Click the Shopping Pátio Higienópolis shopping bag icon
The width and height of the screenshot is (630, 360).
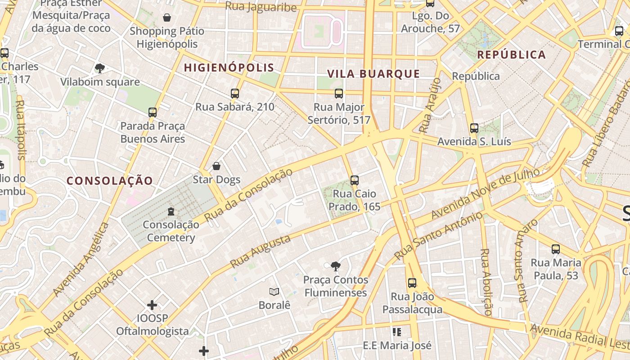pyautogui.click(x=167, y=18)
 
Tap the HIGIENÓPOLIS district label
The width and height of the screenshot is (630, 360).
pyautogui.click(x=229, y=68)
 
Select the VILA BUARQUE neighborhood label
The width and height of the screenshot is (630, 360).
pyautogui.click(x=373, y=74)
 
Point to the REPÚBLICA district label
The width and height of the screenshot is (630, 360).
pyautogui.click(x=511, y=55)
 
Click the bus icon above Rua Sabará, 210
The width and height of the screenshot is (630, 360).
pyautogui.click(x=234, y=94)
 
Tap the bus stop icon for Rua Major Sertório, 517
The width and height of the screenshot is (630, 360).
pyautogui.click(x=339, y=94)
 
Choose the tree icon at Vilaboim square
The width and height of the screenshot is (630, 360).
pyautogui.click(x=100, y=68)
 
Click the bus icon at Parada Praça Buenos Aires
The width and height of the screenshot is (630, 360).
pyautogui.click(x=153, y=112)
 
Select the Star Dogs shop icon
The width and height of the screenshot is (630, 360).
pyautogui.click(x=216, y=166)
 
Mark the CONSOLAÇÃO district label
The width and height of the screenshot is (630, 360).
pyautogui.click(x=110, y=181)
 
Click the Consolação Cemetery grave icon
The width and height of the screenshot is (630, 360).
pyautogui.click(x=171, y=211)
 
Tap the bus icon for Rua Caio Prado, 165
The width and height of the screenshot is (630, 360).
pyautogui.click(x=355, y=180)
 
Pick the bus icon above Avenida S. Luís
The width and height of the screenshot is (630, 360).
pyautogui.click(x=474, y=128)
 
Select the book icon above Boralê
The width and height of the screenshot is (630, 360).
pyautogui.click(x=274, y=292)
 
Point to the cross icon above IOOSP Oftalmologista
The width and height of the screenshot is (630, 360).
pyautogui.click(x=152, y=305)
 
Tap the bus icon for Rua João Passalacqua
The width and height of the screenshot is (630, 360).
pyautogui.click(x=412, y=283)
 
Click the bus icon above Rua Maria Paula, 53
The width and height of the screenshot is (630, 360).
pyautogui.click(x=556, y=249)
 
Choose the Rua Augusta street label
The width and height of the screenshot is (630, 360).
pyautogui.click(x=260, y=252)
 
